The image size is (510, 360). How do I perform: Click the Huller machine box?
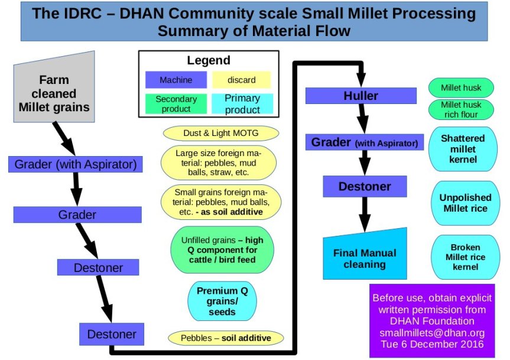[360, 96]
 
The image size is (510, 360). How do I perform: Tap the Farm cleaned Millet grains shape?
[54, 93]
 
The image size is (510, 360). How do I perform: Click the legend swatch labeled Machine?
[176, 80]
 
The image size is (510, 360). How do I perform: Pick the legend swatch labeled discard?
[241, 80]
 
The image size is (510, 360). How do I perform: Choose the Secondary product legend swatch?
[176, 104]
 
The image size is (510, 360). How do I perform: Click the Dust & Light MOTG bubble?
[220, 132]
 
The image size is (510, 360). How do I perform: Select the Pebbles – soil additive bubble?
[219, 338]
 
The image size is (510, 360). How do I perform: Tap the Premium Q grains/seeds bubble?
[222, 301]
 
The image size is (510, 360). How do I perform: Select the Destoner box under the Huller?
[365, 186]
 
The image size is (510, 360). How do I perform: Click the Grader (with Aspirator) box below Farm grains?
[76, 164]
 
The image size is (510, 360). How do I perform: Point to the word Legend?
[209, 60]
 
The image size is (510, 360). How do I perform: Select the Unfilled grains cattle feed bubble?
[222, 250]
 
